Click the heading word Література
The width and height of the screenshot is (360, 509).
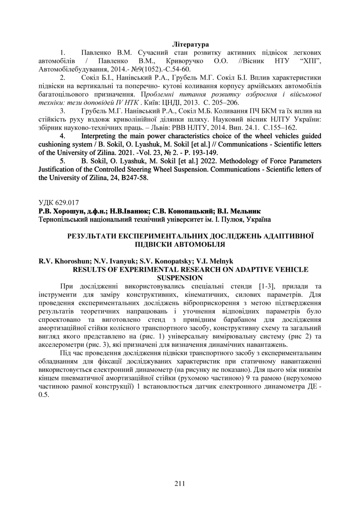point(190,44)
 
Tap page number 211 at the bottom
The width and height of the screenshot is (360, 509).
point(180,483)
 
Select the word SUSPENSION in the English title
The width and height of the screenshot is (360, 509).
point(180,278)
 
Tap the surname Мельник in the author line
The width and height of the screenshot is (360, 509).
point(245,211)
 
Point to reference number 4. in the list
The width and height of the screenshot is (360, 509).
point(63,135)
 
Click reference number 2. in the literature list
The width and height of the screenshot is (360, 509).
point(63,77)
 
